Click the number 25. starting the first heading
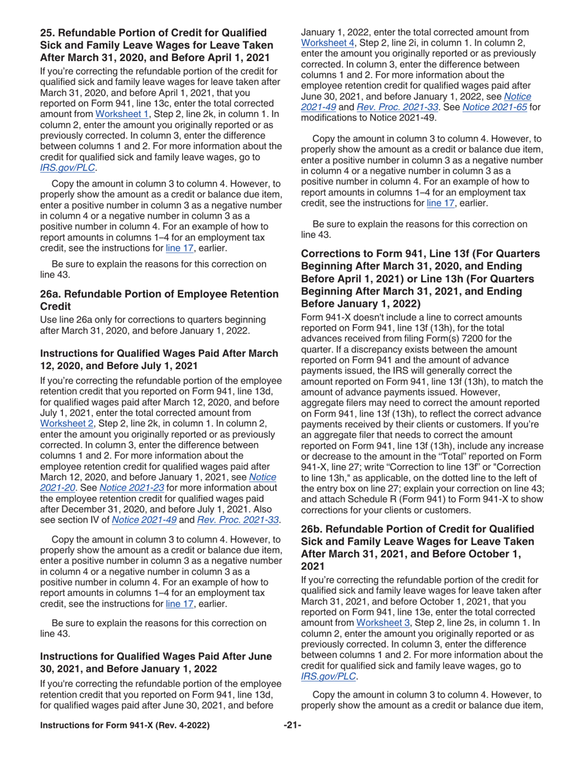[x=49, y=32]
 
